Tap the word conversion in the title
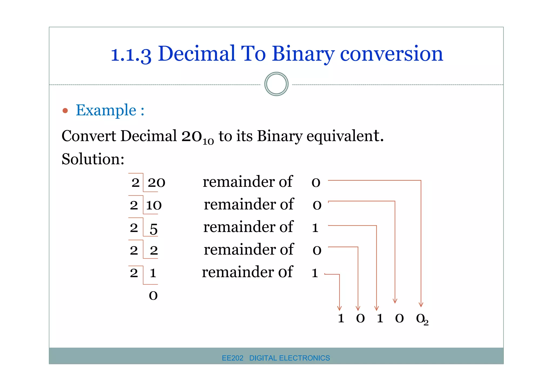(x=391, y=54)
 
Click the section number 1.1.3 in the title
(x=131, y=54)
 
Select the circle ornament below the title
(x=276, y=84)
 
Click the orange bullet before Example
(x=65, y=110)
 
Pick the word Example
(x=106, y=110)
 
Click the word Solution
(x=93, y=159)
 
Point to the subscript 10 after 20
(x=208, y=141)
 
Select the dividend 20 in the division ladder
(x=156, y=183)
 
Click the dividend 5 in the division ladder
(x=154, y=229)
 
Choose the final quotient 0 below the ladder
(x=153, y=295)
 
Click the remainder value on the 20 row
(x=316, y=183)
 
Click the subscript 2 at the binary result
(x=426, y=323)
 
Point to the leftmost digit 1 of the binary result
(x=341, y=318)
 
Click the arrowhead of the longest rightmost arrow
(x=421, y=305)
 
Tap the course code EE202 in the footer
(x=232, y=358)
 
